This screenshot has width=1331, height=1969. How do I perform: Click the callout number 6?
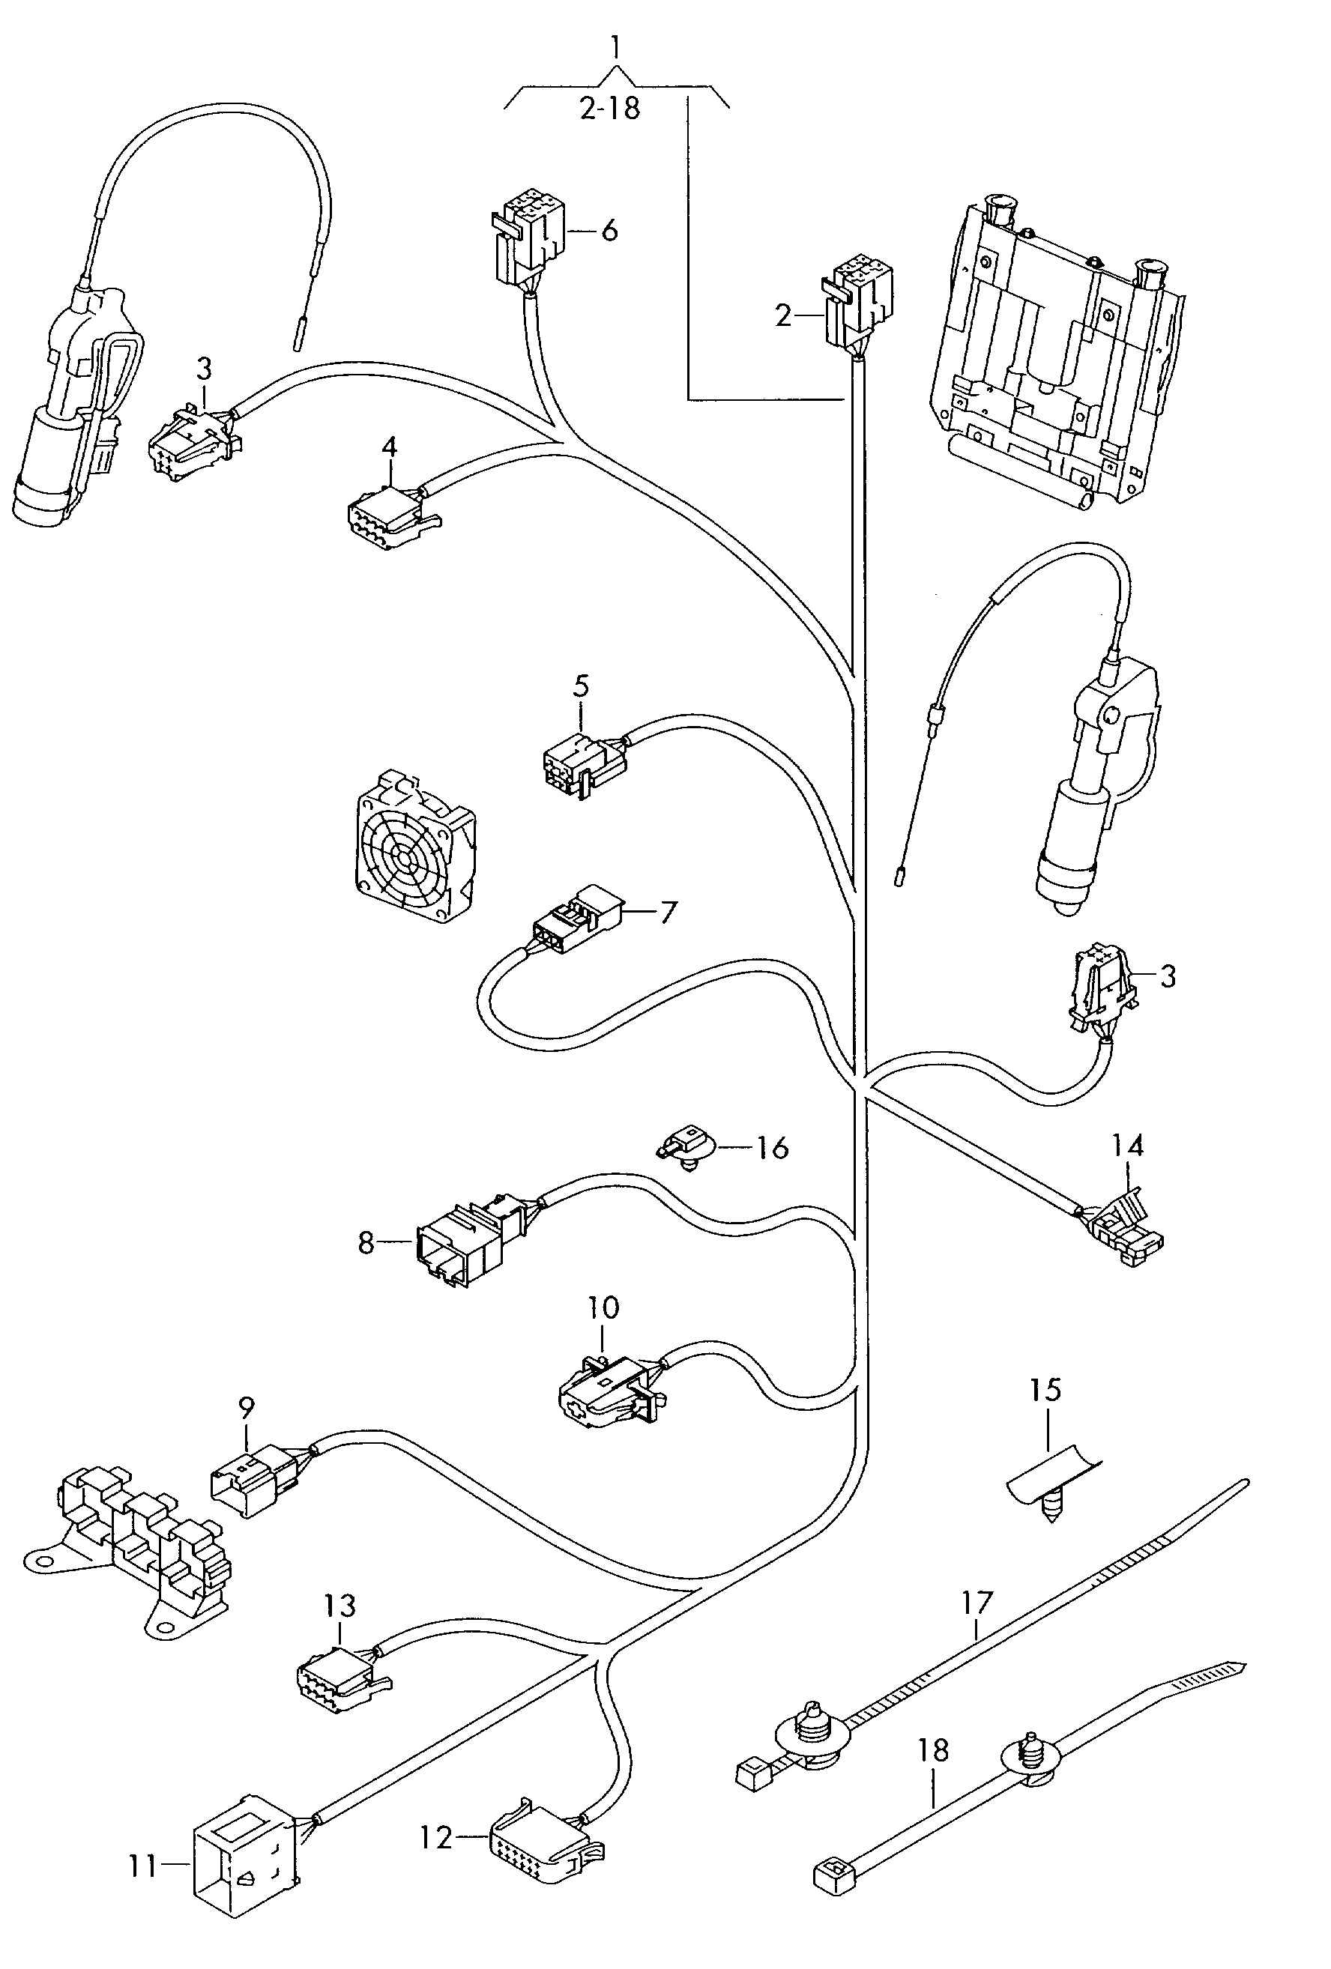tap(609, 231)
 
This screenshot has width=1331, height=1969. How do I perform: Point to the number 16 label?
tap(772, 1148)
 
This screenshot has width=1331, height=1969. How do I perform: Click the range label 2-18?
tap(610, 109)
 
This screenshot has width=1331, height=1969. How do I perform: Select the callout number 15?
tap(1045, 1390)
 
